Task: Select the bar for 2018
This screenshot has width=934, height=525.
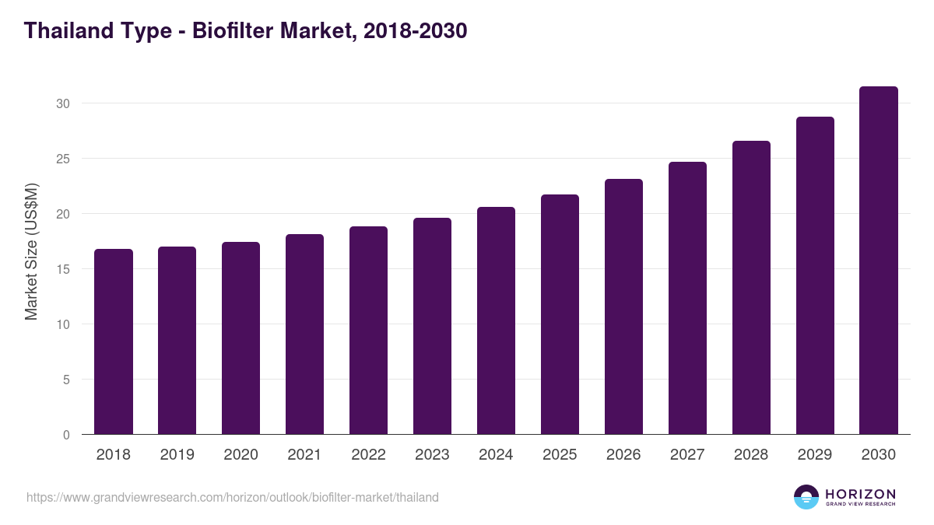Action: [114, 342]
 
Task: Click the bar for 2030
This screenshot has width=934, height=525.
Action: [879, 261]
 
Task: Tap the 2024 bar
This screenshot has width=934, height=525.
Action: [496, 320]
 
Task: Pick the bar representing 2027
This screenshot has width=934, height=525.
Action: [687, 298]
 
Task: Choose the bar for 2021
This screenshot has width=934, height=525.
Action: [304, 334]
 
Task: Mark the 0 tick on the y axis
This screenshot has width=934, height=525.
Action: [67, 435]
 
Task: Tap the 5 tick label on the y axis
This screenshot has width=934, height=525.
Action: [67, 380]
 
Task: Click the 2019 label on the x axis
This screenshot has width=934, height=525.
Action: [177, 455]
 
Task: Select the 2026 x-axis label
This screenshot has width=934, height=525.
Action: [623, 455]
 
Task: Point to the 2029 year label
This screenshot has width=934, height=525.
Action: [815, 455]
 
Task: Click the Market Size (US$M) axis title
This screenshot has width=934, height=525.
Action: [31, 251]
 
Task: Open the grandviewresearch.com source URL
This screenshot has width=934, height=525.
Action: [233, 497]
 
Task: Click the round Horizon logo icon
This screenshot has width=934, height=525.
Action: [806, 497]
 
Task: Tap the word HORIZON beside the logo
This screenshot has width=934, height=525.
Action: [860, 494]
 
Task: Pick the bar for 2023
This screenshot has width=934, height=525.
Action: [432, 326]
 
